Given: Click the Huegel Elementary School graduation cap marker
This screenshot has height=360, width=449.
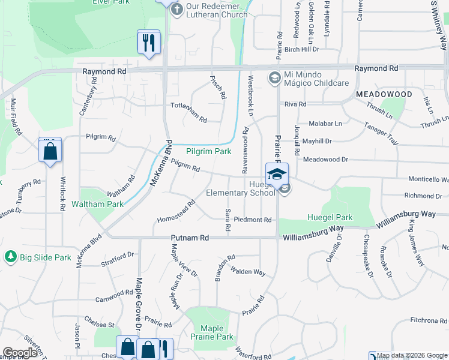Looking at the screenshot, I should (277, 174).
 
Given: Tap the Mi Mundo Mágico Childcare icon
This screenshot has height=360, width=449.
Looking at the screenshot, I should (274, 77).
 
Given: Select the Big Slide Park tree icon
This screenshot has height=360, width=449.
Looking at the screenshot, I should (10, 257).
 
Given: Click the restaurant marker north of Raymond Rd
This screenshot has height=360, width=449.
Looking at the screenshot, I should (149, 42).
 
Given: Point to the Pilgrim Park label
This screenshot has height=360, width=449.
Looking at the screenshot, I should (208, 152).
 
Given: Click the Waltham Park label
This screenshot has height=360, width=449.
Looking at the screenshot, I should (97, 204).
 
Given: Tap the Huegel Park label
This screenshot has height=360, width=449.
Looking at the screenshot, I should (330, 217).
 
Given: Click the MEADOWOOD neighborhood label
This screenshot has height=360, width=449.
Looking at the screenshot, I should (384, 95).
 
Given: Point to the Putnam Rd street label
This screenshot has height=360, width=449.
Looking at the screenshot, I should (190, 238).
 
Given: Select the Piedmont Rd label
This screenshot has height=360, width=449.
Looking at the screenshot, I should (253, 220).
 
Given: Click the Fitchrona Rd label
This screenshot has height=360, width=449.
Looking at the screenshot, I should (429, 321).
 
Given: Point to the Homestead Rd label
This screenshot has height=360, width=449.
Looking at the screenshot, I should (176, 211).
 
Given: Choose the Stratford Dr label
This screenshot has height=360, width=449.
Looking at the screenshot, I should (117, 259).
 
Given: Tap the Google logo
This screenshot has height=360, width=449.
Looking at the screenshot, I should (20, 353).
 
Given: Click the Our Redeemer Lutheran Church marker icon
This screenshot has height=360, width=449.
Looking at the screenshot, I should (176, 9).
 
